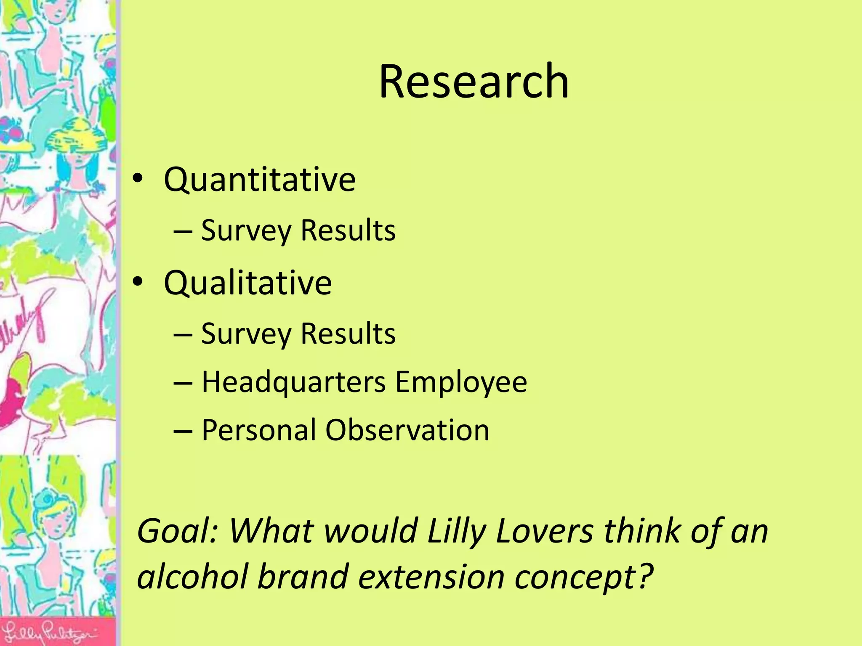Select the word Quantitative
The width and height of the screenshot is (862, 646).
click(260, 180)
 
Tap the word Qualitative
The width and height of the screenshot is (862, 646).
click(247, 283)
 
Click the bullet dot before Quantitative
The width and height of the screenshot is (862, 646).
click(138, 179)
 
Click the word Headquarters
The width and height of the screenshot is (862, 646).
click(293, 382)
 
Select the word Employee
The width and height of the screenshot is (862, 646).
click(461, 382)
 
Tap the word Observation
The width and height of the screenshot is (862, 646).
click(407, 430)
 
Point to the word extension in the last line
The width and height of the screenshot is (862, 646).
click(431, 577)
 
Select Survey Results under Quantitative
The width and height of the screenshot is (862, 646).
click(298, 230)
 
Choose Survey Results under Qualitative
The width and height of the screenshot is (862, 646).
click(298, 334)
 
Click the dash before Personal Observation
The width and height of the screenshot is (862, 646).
click(183, 431)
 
